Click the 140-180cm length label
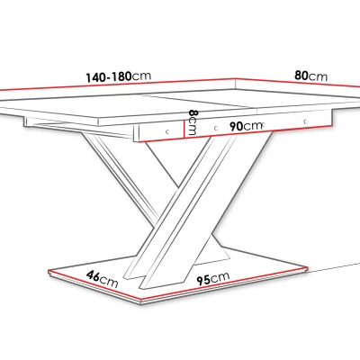119,76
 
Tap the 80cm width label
310,76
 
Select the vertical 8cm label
193,122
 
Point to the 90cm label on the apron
247,126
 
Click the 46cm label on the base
103,279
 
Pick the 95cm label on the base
213,278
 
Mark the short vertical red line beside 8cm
184,129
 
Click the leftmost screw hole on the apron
167,131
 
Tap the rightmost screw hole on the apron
306,121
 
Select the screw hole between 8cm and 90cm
216,128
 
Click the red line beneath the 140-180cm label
118,85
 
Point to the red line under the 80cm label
298,83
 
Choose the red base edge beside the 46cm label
95,285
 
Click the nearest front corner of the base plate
142,301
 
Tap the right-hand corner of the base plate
307,267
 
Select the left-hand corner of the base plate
49,271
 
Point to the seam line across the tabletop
200,102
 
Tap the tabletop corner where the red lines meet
236,79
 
